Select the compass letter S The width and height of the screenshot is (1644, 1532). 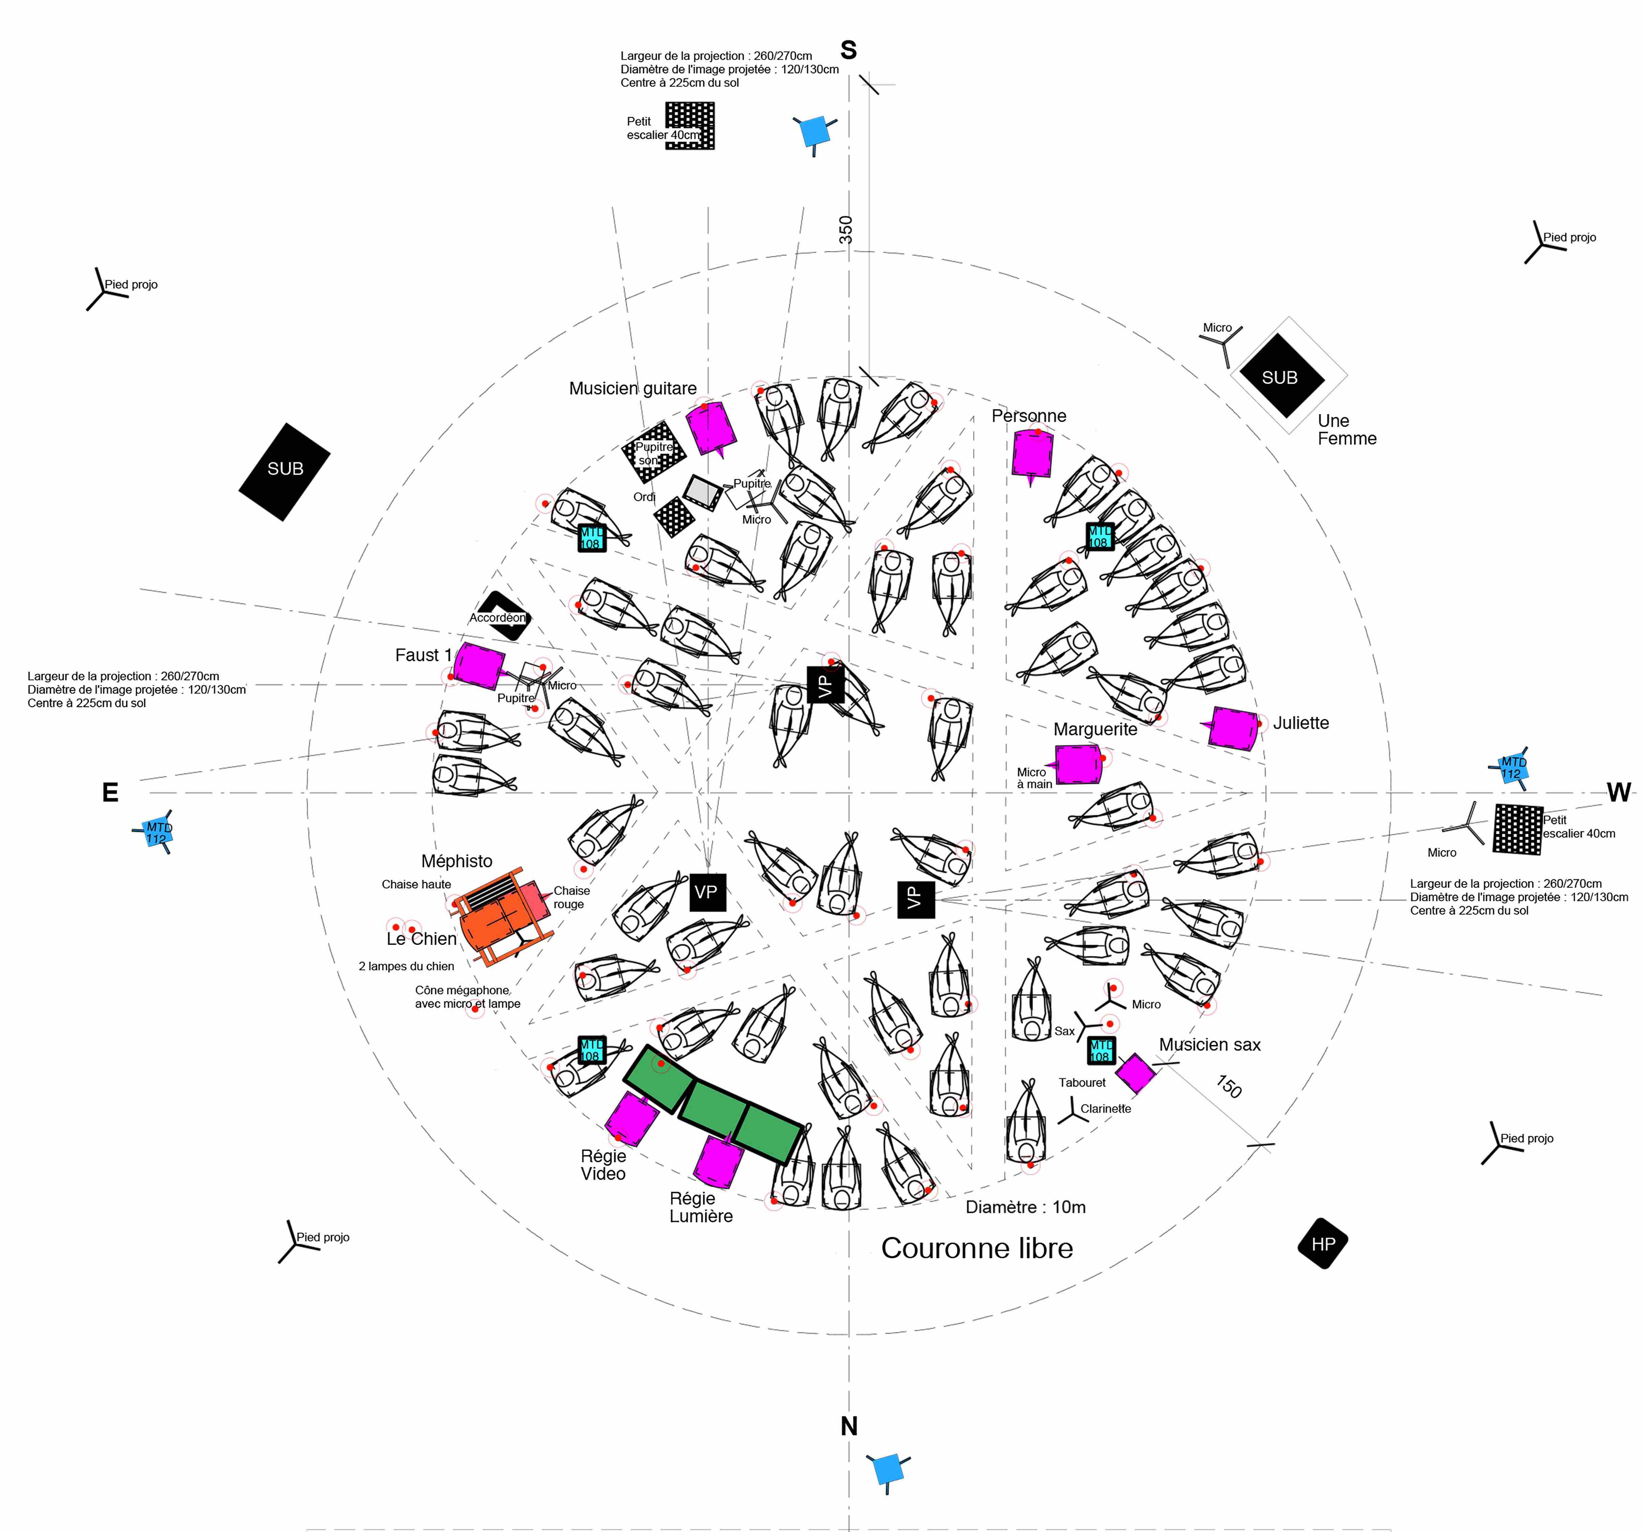tap(848, 50)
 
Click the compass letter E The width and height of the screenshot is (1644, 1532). tap(110, 793)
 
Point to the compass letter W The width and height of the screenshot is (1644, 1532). tap(1618, 793)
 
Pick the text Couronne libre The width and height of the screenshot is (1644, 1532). tap(977, 1248)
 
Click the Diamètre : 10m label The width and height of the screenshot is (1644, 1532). tap(1025, 1207)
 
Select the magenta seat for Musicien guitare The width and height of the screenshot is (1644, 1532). tap(710, 428)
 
